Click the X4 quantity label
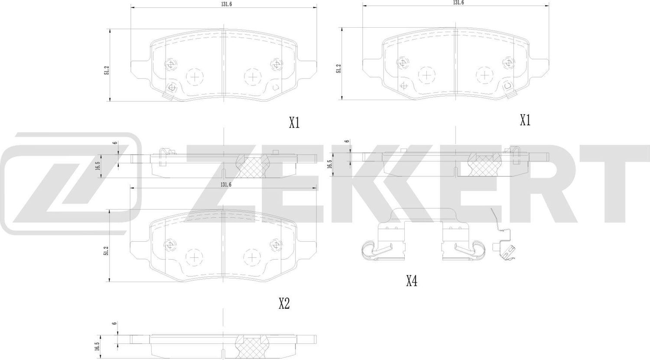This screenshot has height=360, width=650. (x=411, y=282)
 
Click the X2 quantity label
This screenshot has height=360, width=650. (x=284, y=304)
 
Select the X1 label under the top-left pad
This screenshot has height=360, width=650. (x=294, y=123)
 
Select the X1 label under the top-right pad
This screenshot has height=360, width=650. (x=525, y=121)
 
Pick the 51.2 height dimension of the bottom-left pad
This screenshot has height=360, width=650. (x=106, y=250)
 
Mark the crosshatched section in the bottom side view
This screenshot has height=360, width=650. (x=251, y=348)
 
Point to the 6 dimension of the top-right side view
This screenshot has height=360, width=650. (x=347, y=141)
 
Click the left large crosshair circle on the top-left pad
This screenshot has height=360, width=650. (x=195, y=78)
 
